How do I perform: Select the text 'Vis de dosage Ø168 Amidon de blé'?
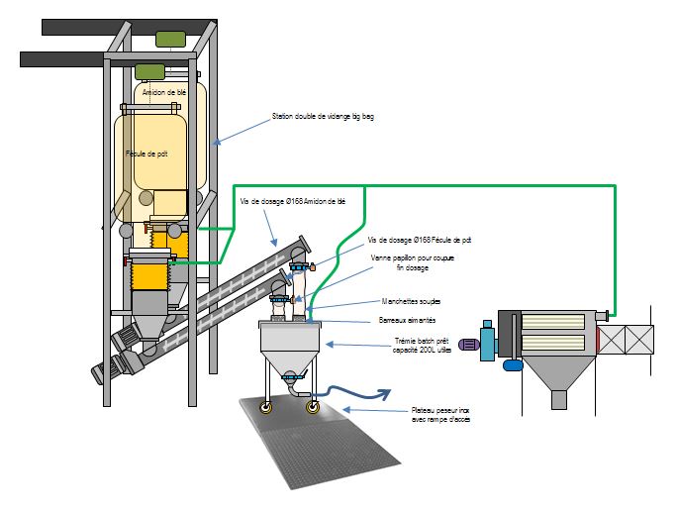[294, 201]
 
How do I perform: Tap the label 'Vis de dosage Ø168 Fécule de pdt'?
[419, 240]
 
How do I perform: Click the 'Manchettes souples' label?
[411, 301]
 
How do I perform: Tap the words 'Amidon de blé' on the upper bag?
[163, 93]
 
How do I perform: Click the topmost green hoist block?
[169, 39]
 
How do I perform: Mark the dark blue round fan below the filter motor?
[512, 363]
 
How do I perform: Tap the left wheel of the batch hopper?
[265, 406]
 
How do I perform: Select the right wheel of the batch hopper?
[314, 406]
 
